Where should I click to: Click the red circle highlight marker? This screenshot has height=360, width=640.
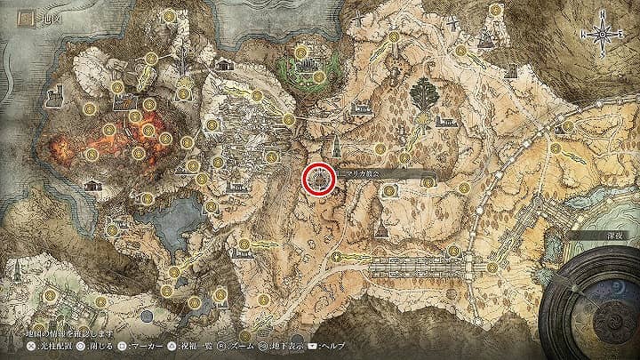pyautogui.click(x=318, y=179)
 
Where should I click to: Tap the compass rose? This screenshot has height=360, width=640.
pyautogui.click(x=604, y=36)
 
